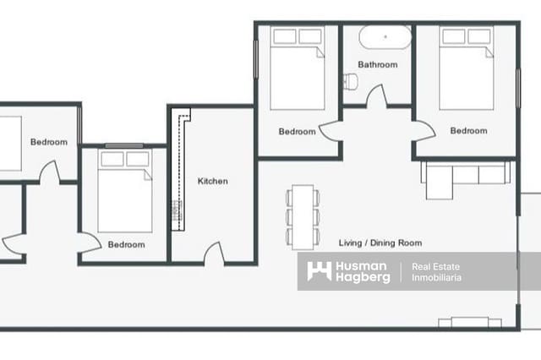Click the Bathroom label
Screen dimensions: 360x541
click(x=377, y=64)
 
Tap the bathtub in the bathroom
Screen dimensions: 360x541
click(x=385, y=38)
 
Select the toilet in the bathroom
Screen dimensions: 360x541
click(x=351, y=81)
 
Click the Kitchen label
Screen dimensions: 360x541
click(x=212, y=181)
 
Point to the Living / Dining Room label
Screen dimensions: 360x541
click(x=380, y=243)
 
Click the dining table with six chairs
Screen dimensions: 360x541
click(x=303, y=215)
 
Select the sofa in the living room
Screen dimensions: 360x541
click(x=464, y=176)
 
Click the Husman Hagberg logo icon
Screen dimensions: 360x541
click(x=319, y=271)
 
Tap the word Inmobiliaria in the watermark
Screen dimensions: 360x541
click(x=436, y=278)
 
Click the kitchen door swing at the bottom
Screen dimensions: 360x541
click(x=214, y=253)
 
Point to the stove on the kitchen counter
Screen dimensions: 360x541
click(x=178, y=210)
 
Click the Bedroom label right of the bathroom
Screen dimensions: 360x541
click(x=468, y=131)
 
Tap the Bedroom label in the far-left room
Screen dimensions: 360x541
click(x=48, y=142)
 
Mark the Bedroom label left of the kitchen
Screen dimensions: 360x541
click(x=126, y=245)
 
